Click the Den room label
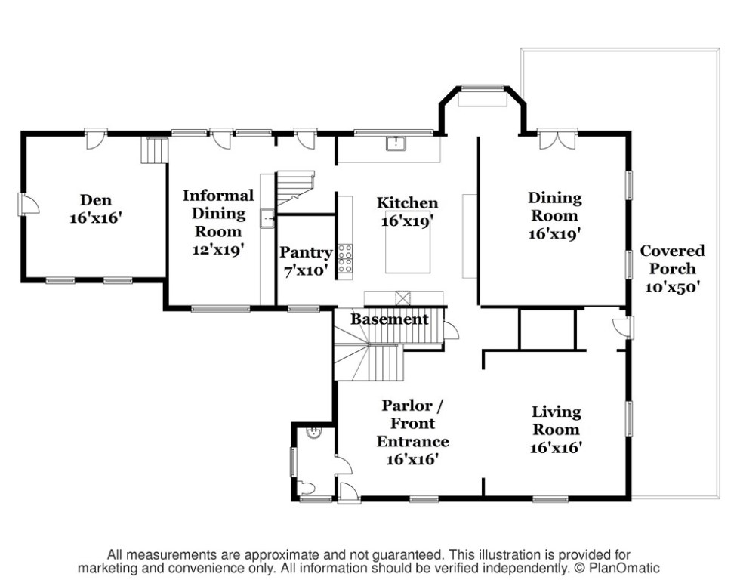click(96, 208)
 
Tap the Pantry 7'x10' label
click(306, 261)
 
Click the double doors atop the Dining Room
click(557, 140)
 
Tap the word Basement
click(390, 319)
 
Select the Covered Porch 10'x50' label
click(672, 268)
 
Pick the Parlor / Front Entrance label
click(412, 431)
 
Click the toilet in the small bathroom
click(307, 487)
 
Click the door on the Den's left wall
click(25, 203)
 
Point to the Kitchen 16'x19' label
click(408, 211)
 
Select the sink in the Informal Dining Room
click(268, 219)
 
